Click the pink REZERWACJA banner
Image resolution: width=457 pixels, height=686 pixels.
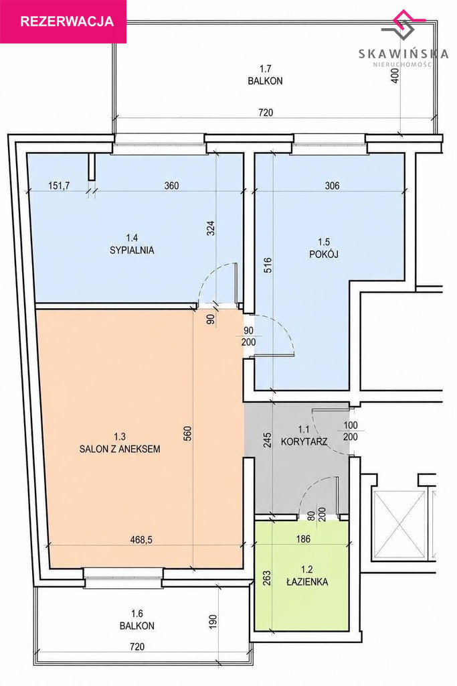click(x=63, y=21)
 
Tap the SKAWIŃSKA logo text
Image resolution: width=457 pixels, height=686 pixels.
click(x=403, y=54)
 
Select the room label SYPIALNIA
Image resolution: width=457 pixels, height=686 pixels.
click(x=132, y=251)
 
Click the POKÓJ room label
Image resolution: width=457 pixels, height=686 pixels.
click(x=324, y=254)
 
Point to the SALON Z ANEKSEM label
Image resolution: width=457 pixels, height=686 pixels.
click(x=120, y=449)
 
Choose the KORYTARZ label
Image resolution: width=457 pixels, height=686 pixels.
click(x=304, y=441)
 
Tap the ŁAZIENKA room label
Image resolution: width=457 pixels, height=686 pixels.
click(x=308, y=582)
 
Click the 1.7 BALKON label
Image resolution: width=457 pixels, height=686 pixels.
click(x=265, y=75)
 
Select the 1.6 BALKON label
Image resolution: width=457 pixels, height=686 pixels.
click(x=137, y=620)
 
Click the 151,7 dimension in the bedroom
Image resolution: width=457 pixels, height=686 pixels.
click(x=59, y=186)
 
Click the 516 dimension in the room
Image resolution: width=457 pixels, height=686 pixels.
click(x=268, y=265)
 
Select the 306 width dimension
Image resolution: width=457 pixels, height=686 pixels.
click(x=333, y=186)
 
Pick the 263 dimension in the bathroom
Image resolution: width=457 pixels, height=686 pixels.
click(x=268, y=577)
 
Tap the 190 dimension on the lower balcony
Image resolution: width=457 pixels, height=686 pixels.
click(x=212, y=622)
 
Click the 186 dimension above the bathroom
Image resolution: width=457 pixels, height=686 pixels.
click(x=303, y=539)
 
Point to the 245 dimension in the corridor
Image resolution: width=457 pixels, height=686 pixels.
click(x=268, y=439)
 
